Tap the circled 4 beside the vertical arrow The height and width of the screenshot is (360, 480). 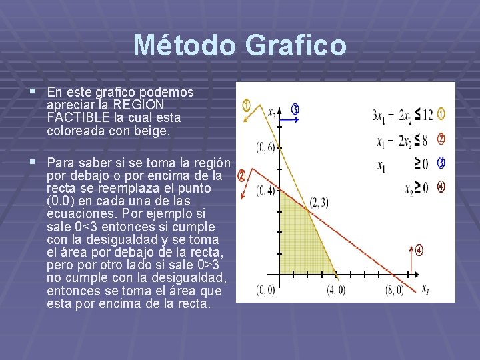[419, 251]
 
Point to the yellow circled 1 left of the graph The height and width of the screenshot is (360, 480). [246, 105]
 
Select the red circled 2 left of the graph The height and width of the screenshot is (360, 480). [241, 175]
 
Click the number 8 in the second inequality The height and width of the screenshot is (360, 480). [425, 140]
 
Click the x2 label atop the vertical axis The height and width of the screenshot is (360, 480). [271, 113]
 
